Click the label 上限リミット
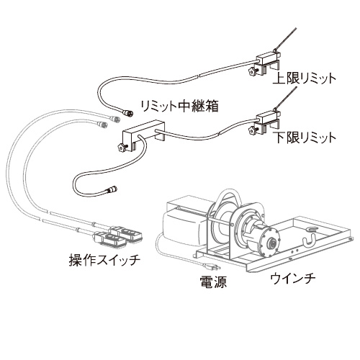pyautogui.click(x=304, y=78)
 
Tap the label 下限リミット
pyautogui.click(x=305, y=138)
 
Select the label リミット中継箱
pyautogui.click(x=180, y=106)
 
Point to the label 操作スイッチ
pyautogui.click(x=104, y=260)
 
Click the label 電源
pyautogui.click(x=213, y=282)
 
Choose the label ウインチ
pyautogui.click(x=293, y=279)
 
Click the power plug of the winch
pyautogui.click(x=211, y=266)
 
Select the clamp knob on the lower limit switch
pyautogui.click(x=253, y=131)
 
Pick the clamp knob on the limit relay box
pyautogui.click(x=122, y=147)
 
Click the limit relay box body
pyautogui.click(x=143, y=135)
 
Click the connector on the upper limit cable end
pyautogui.click(x=127, y=113)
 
